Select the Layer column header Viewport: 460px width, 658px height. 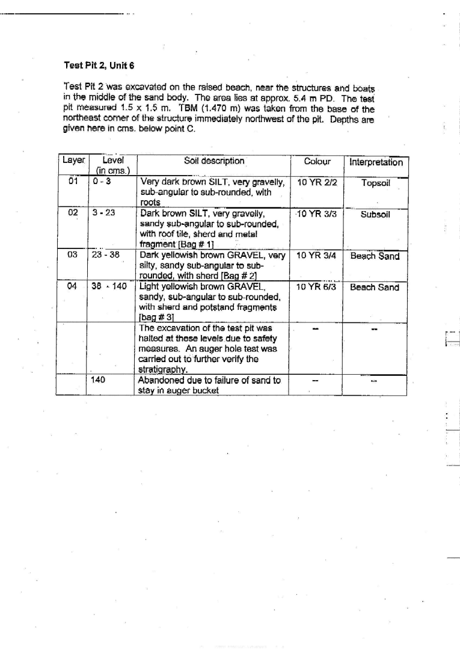73,161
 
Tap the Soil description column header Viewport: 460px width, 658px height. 213,161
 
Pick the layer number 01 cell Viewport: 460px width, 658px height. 73,182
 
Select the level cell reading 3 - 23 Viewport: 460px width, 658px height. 103,213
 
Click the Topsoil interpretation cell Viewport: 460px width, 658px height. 376,183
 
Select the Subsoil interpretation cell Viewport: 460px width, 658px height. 375,214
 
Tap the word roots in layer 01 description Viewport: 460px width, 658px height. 149,203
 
